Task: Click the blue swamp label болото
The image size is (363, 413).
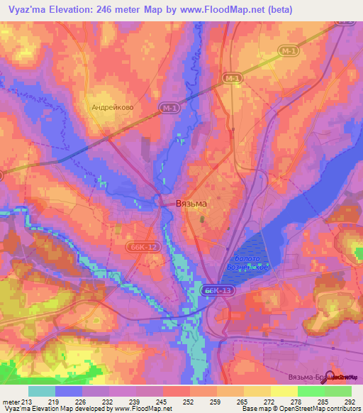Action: pyautogui.click(x=249, y=259)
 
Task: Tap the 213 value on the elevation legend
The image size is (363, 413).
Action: pyautogui.click(x=26, y=402)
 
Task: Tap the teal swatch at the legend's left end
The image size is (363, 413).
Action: pyautogui.click(x=42, y=391)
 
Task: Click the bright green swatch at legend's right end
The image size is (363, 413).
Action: pyautogui.click(x=337, y=391)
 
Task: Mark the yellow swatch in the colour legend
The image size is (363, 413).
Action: pyautogui.click(x=284, y=391)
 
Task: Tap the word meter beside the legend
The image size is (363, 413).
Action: pyautogui.click(x=10, y=402)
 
